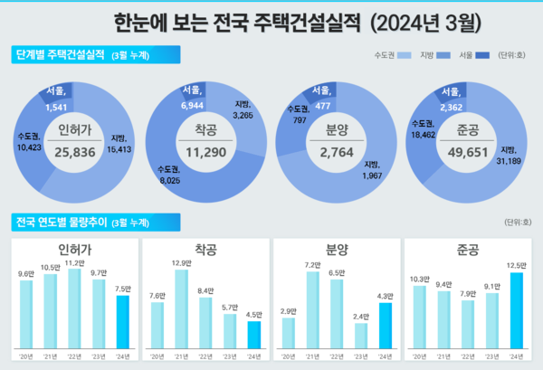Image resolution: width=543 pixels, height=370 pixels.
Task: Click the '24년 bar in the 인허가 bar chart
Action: [122, 322]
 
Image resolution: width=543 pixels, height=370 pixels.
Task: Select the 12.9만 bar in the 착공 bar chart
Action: [181, 309]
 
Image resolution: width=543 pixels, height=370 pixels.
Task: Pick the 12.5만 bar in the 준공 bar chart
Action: [517, 311]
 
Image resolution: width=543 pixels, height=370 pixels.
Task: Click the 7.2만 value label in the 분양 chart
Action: [312, 264]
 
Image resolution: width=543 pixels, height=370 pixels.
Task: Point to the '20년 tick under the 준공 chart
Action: [419, 357]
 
